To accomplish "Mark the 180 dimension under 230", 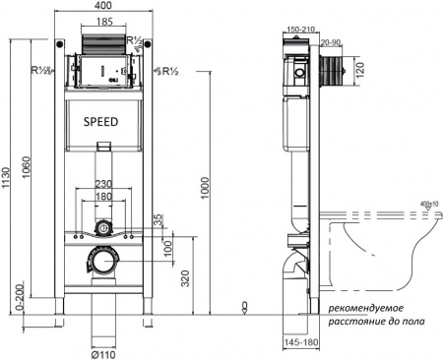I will tap(102, 197).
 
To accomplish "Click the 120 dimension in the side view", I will tap(359, 72).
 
